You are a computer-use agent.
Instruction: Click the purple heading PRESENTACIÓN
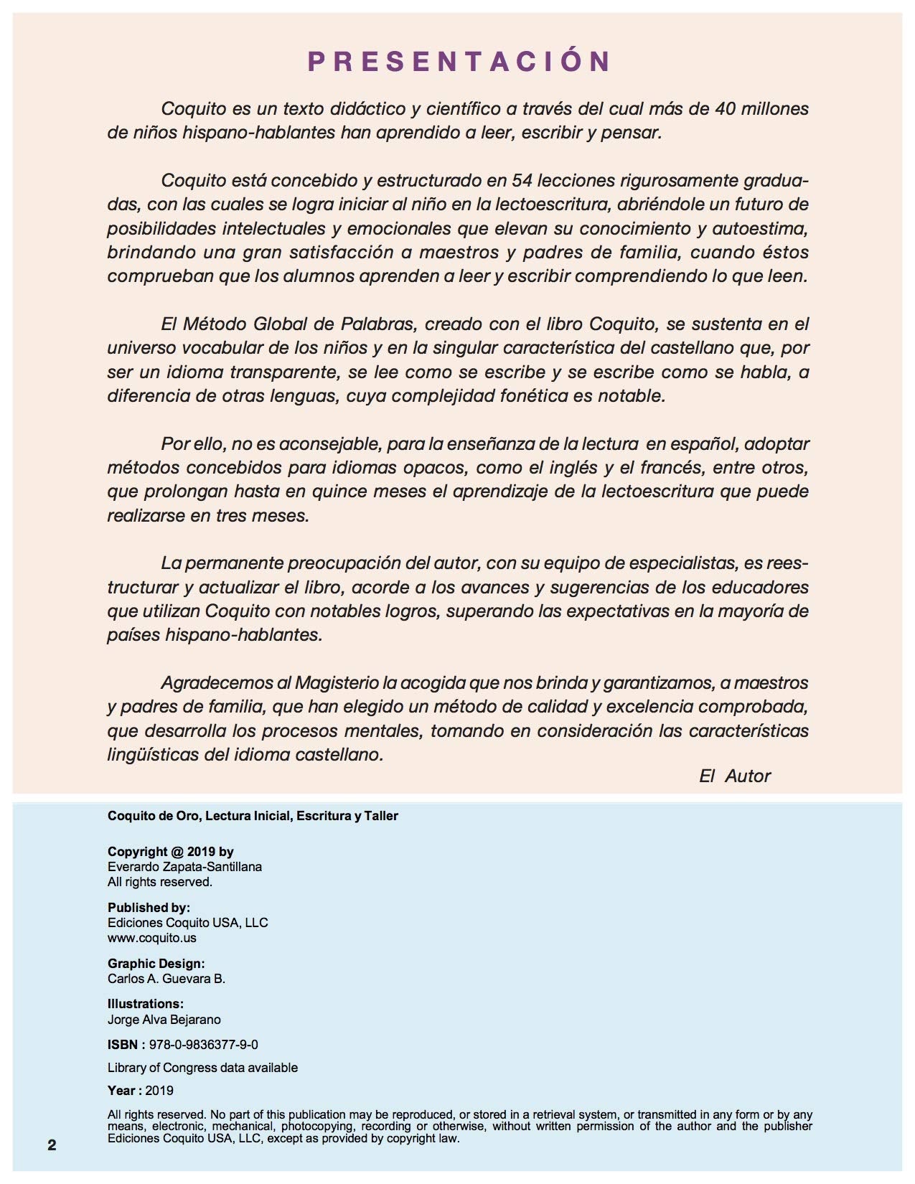click(x=459, y=62)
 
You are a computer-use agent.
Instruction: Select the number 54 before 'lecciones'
click(x=521, y=180)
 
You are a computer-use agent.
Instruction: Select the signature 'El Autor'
click(x=735, y=776)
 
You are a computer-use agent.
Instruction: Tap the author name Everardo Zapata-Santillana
click(x=184, y=867)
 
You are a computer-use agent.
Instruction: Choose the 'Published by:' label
click(x=149, y=908)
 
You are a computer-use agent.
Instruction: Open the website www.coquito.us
click(x=151, y=938)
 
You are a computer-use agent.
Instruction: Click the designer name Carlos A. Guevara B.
click(x=166, y=979)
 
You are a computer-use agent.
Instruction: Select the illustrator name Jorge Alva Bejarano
click(x=164, y=1020)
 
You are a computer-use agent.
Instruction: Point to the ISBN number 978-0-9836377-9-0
click(x=203, y=1045)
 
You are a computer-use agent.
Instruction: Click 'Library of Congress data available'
click(x=202, y=1068)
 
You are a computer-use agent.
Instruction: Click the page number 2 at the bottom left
click(x=52, y=1145)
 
